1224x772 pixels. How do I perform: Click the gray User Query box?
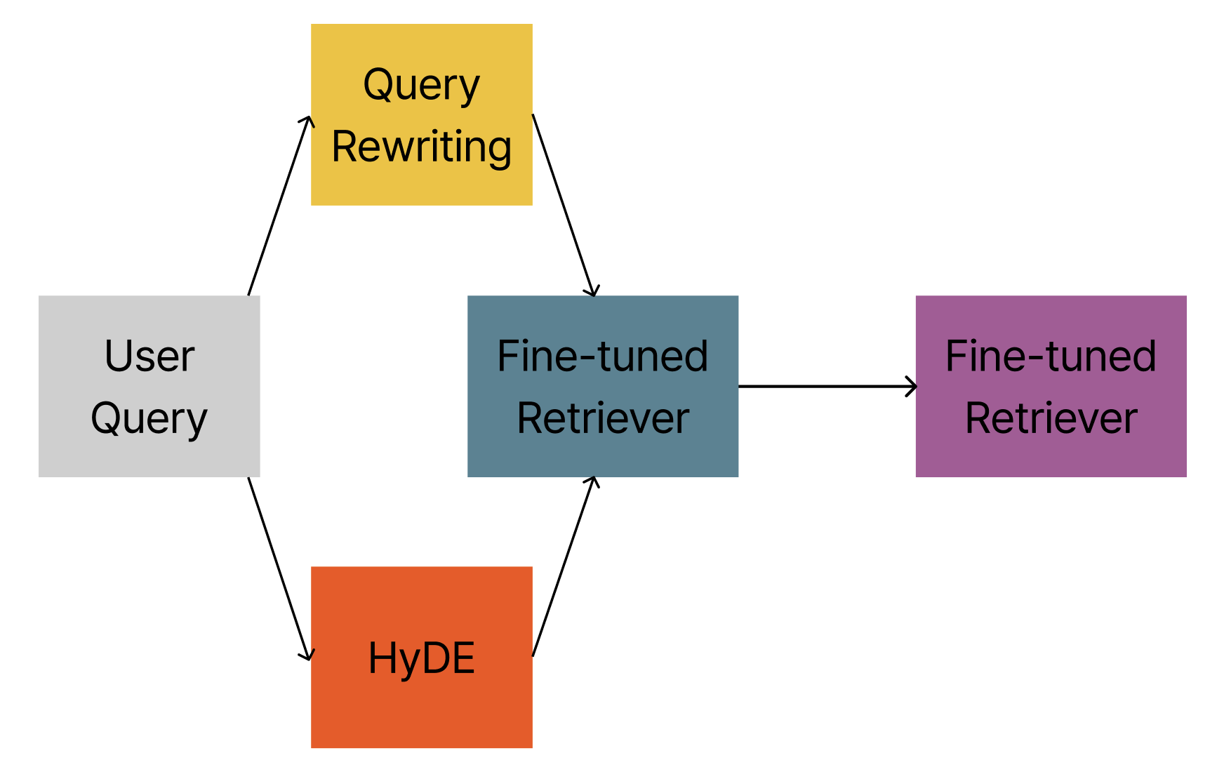point(149,386)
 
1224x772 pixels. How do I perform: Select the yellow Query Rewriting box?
point(422,114)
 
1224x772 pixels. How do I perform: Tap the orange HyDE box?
point(422,657)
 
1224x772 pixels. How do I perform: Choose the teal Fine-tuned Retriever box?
point(603,386)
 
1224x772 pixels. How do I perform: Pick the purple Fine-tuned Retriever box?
point(1051,386)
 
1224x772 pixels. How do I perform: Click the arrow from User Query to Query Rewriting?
point(279,205)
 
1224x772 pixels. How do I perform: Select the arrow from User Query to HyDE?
point(279,568)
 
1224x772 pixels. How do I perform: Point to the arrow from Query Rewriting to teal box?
point(564,205)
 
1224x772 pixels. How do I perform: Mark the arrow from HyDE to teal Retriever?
point(564,566)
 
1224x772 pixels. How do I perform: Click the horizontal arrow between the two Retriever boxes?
point(827,386)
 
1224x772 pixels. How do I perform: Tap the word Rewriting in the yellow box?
point(422,147)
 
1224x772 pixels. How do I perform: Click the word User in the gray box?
point(149,356)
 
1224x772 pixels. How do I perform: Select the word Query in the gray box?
point(149,420)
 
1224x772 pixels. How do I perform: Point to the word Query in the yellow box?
point(422,86)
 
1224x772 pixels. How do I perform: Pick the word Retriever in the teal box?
point(603,418)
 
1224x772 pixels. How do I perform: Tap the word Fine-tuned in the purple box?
point(1051,356)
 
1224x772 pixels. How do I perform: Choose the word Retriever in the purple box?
point(1051,418)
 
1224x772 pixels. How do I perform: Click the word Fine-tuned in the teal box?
point(603,356)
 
